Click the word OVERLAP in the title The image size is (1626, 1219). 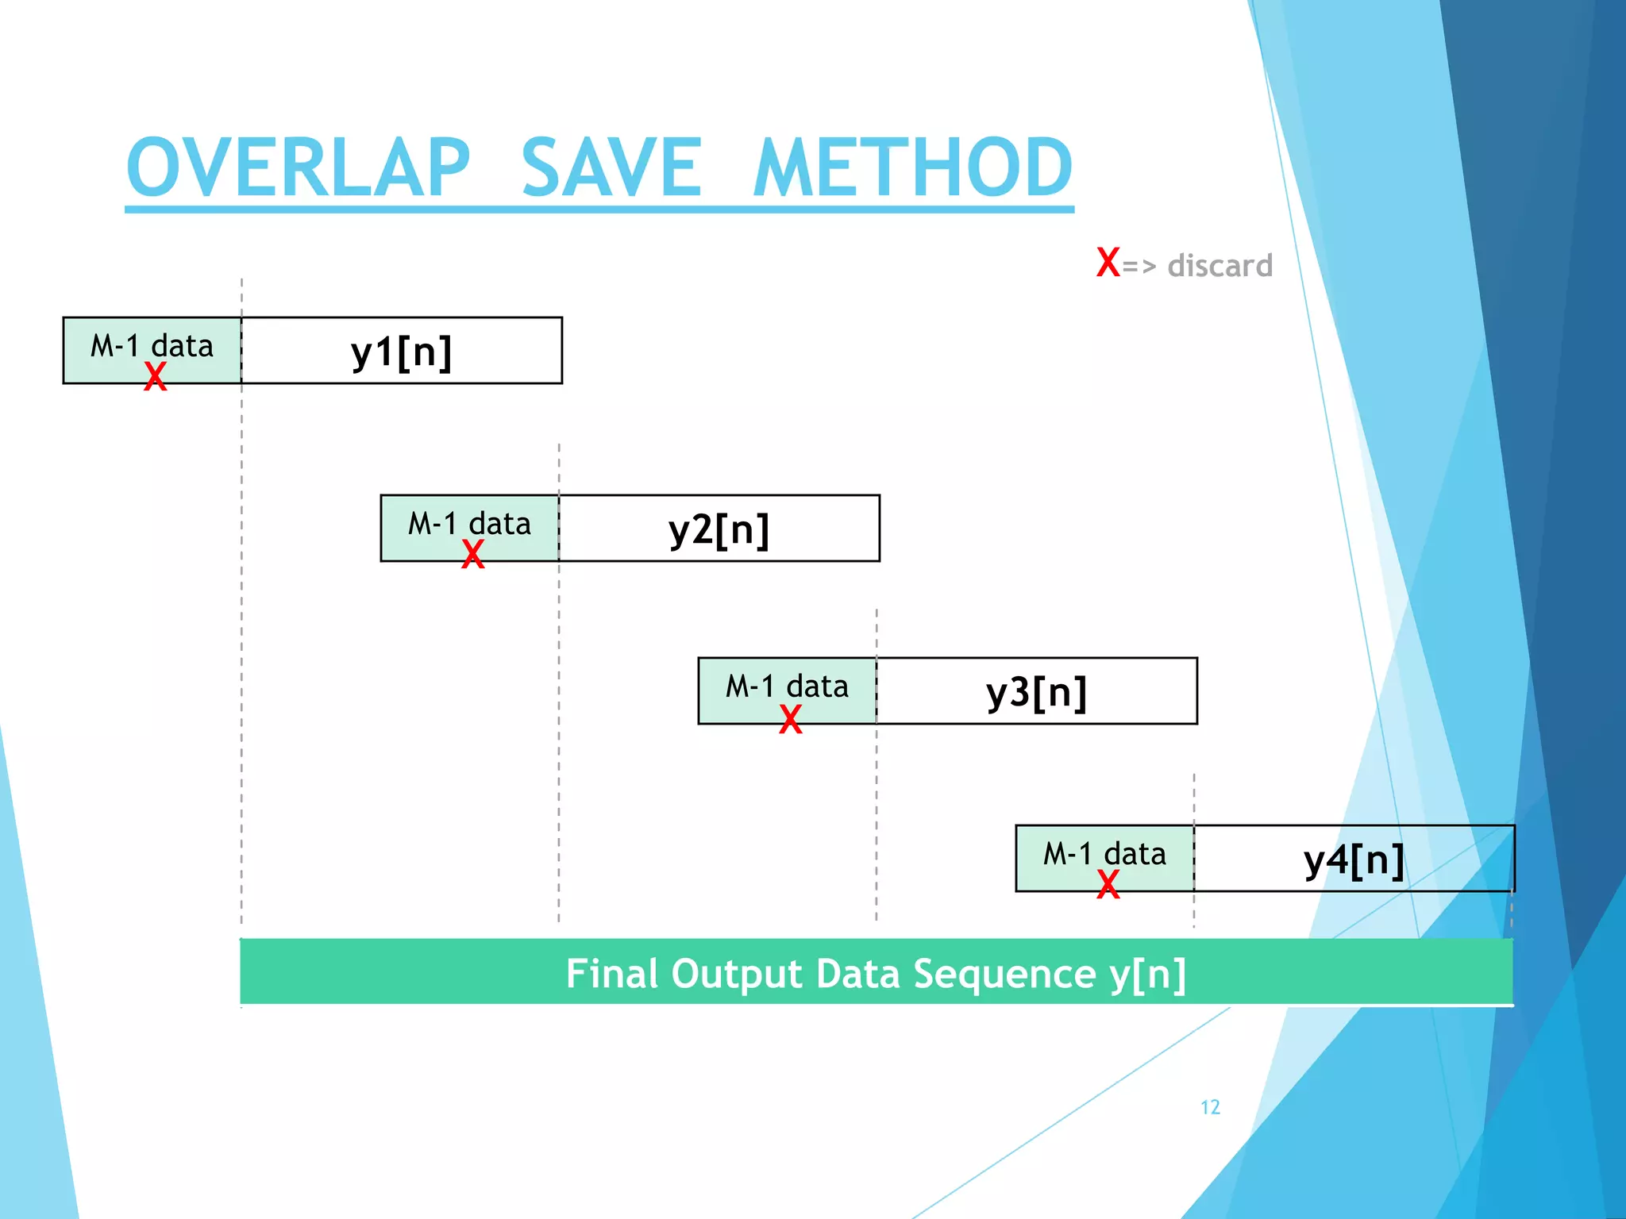pyautogui.click(x=299, y=167)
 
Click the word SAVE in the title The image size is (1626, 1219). pyautogui.click(x=611, y=167)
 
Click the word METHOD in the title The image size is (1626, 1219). pyautogui.click(x=913, y=167)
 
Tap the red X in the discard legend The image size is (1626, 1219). pyautogui.click(x=1108, y=262)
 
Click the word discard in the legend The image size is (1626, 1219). pyautogui.click(x=1219, y=266)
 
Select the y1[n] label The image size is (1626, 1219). pyautogui.click(x=402, y=352)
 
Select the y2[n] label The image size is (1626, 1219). pyautogui.click(x=719, y=529)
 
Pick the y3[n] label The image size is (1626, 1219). pyautogui.click(x=1037, y=692)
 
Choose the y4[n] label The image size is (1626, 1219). pyautogui.click(x=1354, y=859)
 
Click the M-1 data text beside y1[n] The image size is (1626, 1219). pyautogui.click(x=152, y=346)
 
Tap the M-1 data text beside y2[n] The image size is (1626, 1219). pyautogui.click(x=469, y=524)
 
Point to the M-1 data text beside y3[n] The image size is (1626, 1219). pyautogui.click(x=787, y=686)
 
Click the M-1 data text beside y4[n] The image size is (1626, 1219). pyautogui.click(x=1104, y=854)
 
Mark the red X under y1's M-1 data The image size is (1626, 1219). pyautogui.click(x=156, y=376)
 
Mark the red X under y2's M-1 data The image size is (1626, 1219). pyautogui.click(x=473, y=554)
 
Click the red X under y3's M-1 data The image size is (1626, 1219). pyautogui.click(x=791, y=719)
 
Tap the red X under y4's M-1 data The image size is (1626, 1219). pyautogui.click(x=1108, y=884)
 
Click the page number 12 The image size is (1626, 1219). pyautogui.click(x=1210, y=1107)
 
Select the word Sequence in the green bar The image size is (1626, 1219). pyautogui.click(x=1004, y=975)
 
